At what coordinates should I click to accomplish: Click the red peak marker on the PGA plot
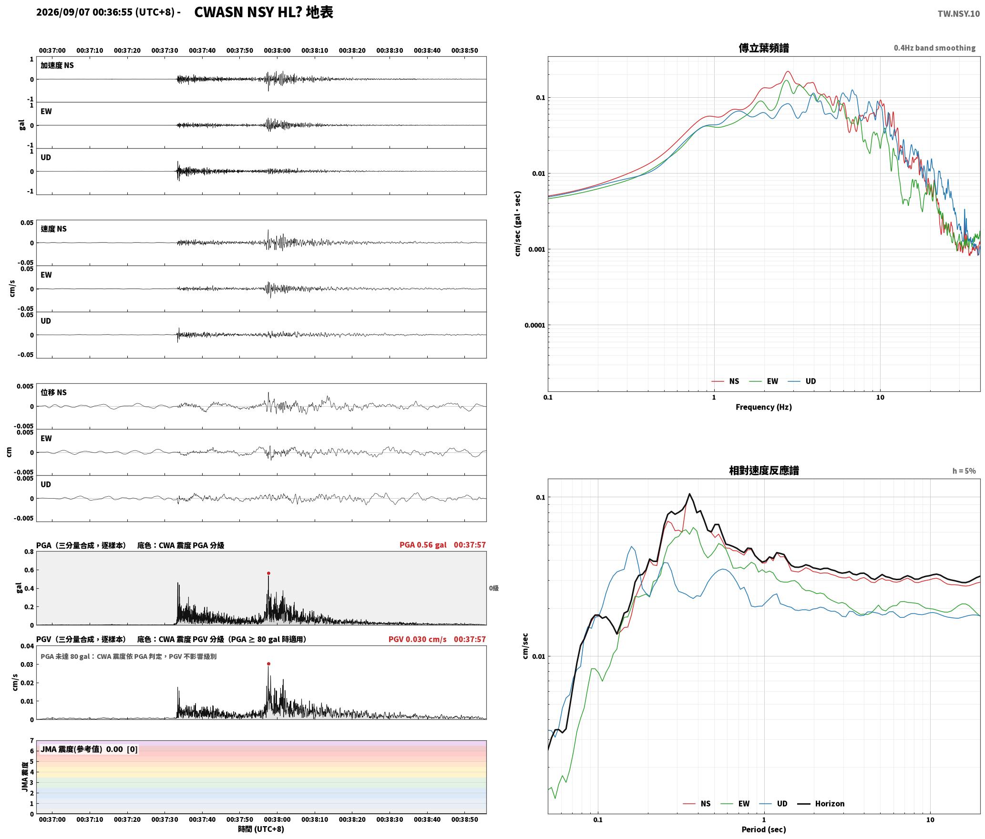[268, 573]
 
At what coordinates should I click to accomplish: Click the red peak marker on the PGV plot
[268, 664]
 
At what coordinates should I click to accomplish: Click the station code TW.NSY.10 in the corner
[958, 14]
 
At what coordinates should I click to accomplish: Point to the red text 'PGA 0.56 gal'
[423, 545]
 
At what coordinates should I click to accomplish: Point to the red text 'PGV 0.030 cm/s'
[417, 639]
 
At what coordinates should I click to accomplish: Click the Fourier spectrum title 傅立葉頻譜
[764, 48]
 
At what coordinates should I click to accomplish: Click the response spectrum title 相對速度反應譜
[764, 471]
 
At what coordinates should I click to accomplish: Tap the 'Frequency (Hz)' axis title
[764, 407]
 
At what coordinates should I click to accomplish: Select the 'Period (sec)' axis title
[764, 829]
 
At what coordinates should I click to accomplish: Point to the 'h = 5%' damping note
[964, 471]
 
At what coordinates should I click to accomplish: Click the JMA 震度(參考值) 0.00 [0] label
[89, 749]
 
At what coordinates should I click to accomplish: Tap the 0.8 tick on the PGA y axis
[29, 552]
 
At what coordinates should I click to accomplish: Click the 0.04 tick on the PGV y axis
[27, 646]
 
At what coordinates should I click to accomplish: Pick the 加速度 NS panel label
[57, 65]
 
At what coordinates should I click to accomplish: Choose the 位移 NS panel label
[54, 392]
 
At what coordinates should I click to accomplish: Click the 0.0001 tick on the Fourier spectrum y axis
[534, 326]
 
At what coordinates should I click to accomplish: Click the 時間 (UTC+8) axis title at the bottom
[261, 829]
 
